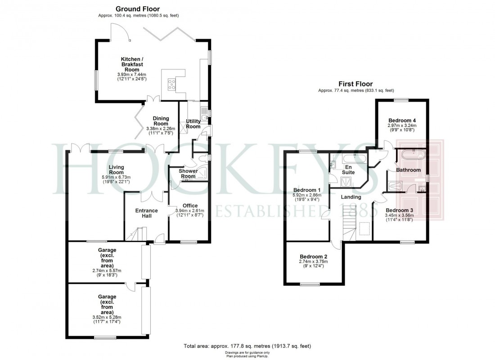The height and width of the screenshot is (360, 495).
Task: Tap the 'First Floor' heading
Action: click(x=355, y=84)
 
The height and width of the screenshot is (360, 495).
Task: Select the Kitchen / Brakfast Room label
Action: click(x=132, y=64)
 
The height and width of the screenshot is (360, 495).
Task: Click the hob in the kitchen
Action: click(x=172, y=85)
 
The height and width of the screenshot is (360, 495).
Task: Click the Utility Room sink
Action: click(x=204, y=118)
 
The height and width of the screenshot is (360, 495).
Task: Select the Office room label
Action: click(x=190, y=206)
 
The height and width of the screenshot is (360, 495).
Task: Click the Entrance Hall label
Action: click(x=147, y=213)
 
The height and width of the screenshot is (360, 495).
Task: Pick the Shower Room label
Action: click(x=188, y=173)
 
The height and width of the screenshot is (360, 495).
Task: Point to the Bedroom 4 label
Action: click(x=402, y=120)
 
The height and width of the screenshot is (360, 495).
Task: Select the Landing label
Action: click(x=351, y=197)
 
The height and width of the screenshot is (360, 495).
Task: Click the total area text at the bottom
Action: click(x=247, y=346)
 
